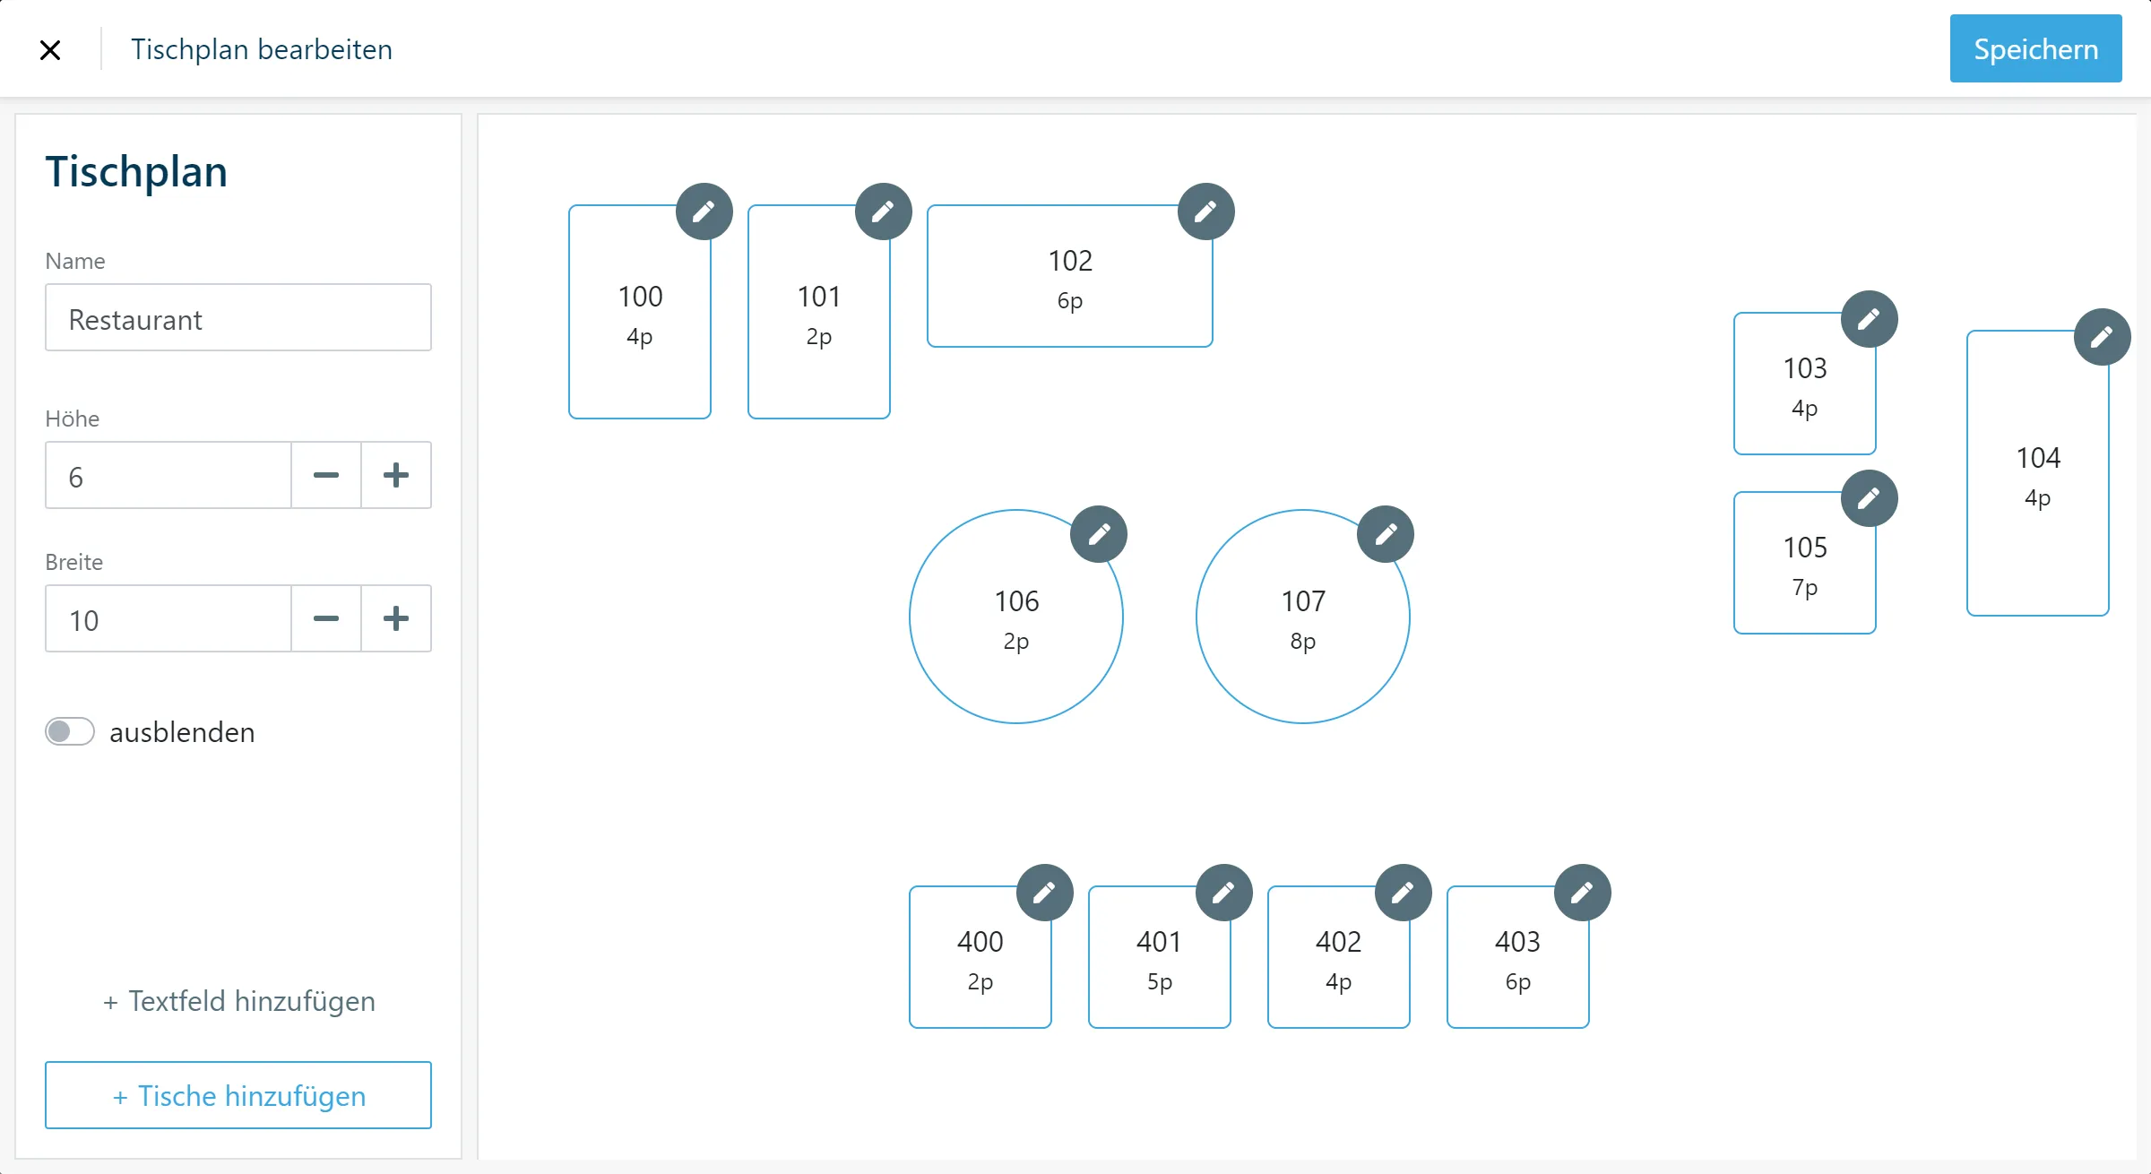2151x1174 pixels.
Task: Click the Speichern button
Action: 2035,48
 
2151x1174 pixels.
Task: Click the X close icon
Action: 50,50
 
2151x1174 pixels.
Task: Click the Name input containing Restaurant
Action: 238,318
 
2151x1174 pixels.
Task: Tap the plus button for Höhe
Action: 396,475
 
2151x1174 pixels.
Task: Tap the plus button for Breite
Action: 396,618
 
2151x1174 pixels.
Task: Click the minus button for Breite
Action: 326,618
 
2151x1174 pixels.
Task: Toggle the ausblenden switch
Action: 70,731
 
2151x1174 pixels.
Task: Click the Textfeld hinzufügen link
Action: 238,1001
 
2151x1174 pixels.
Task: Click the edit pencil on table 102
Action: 1206,211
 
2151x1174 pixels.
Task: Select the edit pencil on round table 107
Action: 1386,534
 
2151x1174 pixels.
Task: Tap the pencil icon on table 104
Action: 2103,337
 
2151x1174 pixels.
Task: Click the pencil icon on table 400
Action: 1045,893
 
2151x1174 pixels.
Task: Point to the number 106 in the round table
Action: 1016,601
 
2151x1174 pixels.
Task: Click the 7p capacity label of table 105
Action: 1805,589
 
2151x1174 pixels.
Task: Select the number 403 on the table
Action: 1517,942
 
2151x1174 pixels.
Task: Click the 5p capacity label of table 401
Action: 1160,983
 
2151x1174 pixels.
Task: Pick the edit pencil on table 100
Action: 704,211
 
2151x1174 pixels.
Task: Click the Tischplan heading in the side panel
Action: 136,172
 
